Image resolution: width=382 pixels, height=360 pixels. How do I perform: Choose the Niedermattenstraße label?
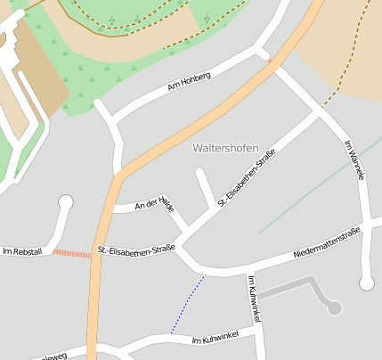pyautogui.click(x=327, y=244)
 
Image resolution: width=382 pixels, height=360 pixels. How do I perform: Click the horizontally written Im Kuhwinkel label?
pyautogui.click(x=215, y=339)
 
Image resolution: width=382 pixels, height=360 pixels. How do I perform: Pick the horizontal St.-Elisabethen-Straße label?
pyautogui.click(x=136, y=250)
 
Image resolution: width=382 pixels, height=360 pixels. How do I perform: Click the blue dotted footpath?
pyautogui.click(x=188, y=304)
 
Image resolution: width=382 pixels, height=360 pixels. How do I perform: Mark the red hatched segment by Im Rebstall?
pyautogui.click(x=72, y=254)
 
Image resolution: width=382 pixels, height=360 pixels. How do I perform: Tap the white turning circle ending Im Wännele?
pyautogui.click(x=366, y=283)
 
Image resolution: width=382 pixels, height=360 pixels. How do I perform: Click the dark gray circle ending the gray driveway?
pyautogui.click(x=335, y=307)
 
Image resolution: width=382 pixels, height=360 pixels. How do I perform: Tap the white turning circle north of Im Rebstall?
pyautogui.click(x=65, y=202)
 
